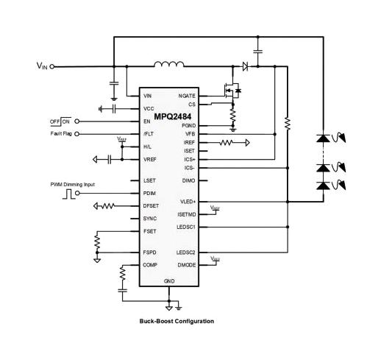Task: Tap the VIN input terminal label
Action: click(x=42, y=66)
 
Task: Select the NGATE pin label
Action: click(x=187, y=96)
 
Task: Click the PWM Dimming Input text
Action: click(x=72, y=184)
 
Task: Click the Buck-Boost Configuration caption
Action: click(x=177, y=321)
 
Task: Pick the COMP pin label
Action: click(x=150, y=264)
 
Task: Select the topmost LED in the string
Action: click(x=322, y=138)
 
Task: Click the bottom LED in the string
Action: click(x=322, y=186)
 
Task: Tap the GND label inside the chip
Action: click(x=169, y=280)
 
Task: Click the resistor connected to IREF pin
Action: click(x=227, y=142)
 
